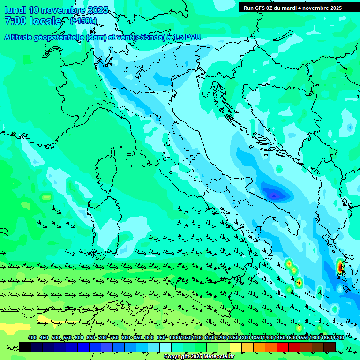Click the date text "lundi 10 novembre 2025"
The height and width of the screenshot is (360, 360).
coord(56,10)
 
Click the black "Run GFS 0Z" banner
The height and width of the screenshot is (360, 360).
coord(299,7)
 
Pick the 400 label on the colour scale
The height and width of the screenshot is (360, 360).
coord(32,337)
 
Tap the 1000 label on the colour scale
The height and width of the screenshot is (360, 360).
coord(174,337)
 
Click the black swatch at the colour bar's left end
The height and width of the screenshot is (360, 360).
coord(25,347)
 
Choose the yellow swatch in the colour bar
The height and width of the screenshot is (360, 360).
coord(236,347)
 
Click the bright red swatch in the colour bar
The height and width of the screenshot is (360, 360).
coord(283,347)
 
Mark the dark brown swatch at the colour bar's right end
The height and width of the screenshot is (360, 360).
coord(330,347)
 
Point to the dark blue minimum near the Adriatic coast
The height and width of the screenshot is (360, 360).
coord(274,194)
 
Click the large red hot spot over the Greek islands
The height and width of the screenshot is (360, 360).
coord(339,267)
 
